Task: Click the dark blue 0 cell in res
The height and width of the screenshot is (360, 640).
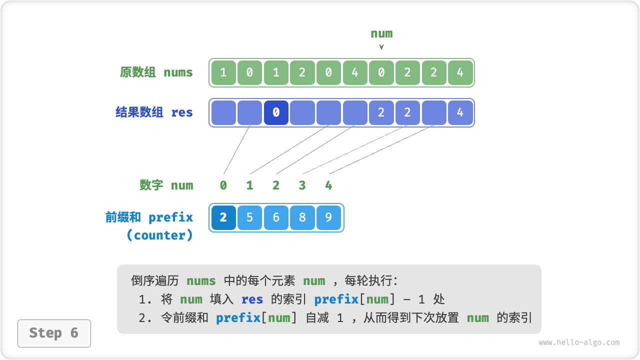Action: [276, 112]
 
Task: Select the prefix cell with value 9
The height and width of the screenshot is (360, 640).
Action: [328, 217]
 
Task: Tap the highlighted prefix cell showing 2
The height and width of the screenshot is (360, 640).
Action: [223, 217]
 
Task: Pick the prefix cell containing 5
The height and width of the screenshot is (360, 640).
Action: [249, 217]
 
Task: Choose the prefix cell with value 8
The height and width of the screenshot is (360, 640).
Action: [302, 217]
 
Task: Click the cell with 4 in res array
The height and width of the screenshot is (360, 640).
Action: [460, 112]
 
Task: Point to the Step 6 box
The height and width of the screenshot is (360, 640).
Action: [54, 333]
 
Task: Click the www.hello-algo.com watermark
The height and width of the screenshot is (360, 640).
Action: [579, 342]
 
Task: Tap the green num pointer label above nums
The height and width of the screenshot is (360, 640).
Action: [381, 33]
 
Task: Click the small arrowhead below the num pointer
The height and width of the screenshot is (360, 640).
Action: [381, 47]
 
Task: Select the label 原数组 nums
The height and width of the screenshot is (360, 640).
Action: [156, 72]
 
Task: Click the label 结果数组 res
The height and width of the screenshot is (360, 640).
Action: [154, 112]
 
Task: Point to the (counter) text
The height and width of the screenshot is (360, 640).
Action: [159, 235]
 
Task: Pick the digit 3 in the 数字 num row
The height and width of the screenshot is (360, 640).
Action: [302, 185]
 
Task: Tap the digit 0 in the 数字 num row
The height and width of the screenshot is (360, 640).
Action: [223, 185]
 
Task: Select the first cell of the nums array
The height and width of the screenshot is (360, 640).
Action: [223, 72]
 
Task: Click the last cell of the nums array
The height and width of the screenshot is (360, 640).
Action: [460, 72]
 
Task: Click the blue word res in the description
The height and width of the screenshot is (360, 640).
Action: [252, 299]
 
